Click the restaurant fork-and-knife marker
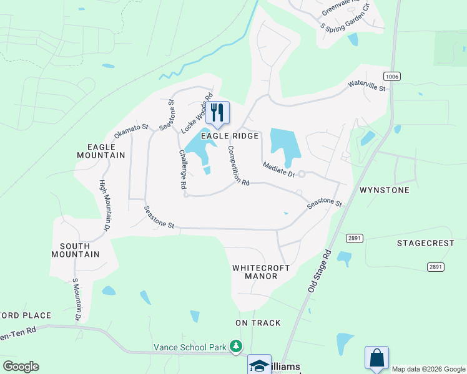[x=217, y=112]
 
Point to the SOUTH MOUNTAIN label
[x=76, y=249]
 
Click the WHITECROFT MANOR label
[x=261, y=272]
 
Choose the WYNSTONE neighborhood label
[x=385, y=189]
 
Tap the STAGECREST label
[x=424, y=242]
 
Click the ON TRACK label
[x=258, y=323]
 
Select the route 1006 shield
[x=392, y=76]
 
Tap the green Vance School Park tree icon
[x=236, y=345]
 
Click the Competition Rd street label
[x=238, y=165]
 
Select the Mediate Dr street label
[x=278, y=168]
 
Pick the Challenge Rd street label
[x=182, y=169]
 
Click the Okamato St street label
[x=131, y=131]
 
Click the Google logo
[x=21, y=367]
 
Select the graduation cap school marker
[x=259, y=365]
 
